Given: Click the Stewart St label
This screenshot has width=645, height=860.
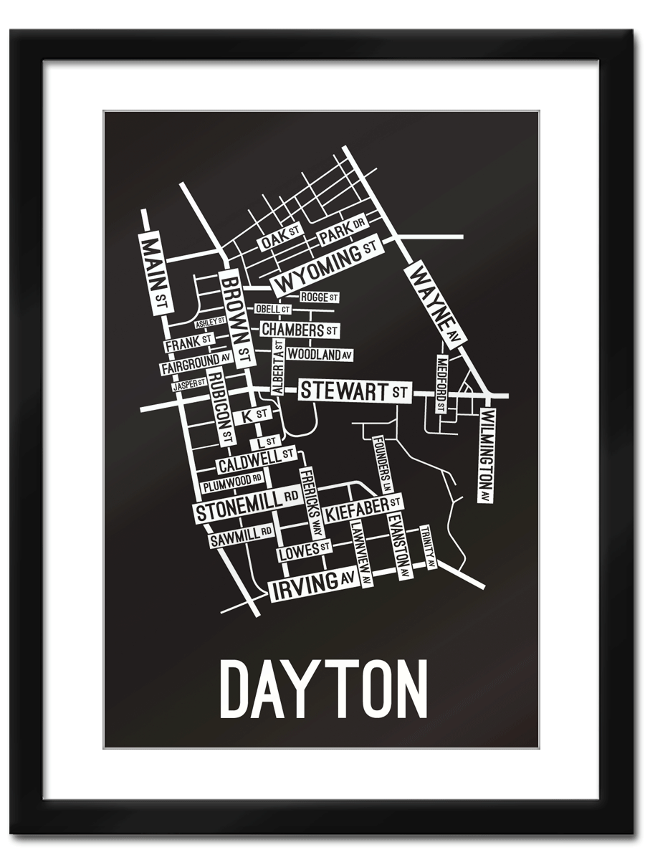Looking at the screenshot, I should click(354, 391).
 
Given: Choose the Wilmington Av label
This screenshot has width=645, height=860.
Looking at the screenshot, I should click(488, 455).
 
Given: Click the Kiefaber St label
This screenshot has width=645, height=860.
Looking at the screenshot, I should click(363, 509).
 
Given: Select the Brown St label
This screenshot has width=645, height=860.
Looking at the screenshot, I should click(237, 315).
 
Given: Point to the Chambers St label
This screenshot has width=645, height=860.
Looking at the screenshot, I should click(299, 330).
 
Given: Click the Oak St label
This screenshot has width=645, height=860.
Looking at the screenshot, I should click(278, 239).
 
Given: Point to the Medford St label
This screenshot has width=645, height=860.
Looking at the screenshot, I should click(441, 383).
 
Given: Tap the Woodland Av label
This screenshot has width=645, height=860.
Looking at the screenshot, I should click(320, 354).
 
